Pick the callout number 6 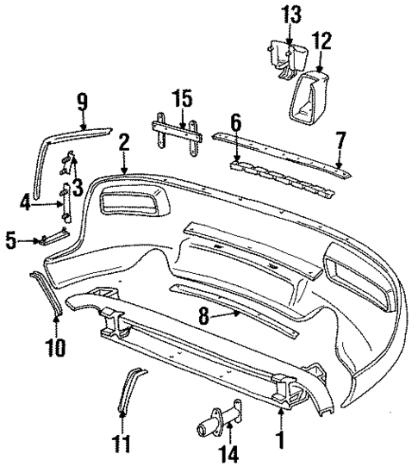[x=235, y=121]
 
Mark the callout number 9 [x=82, y=102]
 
